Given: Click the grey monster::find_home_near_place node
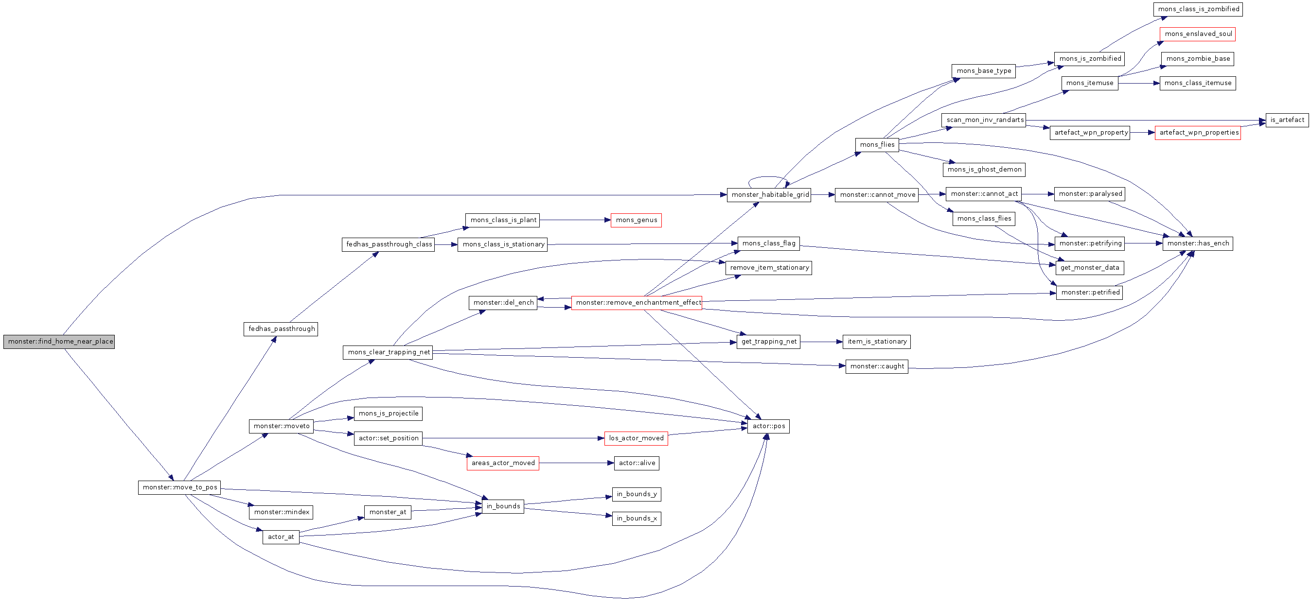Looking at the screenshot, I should (x=59, y=342).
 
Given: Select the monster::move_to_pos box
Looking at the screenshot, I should (x=179, y=487).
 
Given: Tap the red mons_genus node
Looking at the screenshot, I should (x=636, y=220).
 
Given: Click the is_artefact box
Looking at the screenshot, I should (x=1287, y=120).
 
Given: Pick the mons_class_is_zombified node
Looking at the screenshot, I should (x=1198, y=9).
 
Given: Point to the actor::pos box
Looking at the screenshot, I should (x=768, y=426).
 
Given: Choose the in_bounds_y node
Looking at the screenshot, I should (x=636, y=494).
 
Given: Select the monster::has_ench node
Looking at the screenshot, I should (x=1198, y=244).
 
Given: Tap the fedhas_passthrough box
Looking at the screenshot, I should (x=281, y=329).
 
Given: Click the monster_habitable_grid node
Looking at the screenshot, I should (x=768, y=195).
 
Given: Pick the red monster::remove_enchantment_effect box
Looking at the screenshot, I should (x=636, y=303).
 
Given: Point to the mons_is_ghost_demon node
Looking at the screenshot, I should (x=984, y=170).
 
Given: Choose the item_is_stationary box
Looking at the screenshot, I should (x=876, y=342).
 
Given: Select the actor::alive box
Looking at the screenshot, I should (x=636, y=463).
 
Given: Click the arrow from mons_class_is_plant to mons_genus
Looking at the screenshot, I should (x=575, y=220).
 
